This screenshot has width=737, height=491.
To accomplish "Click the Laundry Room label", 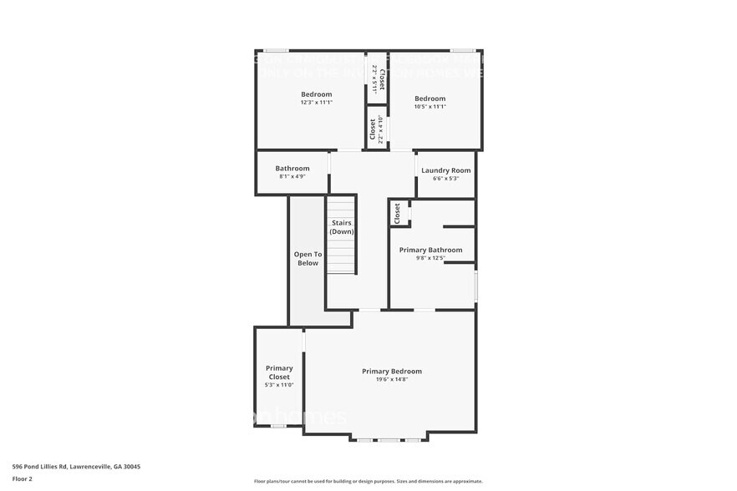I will tap(445, 170).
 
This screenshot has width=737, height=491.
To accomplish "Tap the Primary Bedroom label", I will tap(391, 371).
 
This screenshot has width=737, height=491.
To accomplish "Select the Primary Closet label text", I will tap(279, 372).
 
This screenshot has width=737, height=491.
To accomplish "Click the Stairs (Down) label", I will tap(341, 227).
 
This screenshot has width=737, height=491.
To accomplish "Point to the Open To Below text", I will tap(308, 259).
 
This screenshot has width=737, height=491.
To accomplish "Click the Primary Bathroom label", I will tap(430, 250).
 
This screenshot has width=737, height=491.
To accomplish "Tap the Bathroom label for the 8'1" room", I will tap(292, 169).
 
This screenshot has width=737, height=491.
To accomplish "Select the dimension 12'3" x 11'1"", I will tap(317, 103).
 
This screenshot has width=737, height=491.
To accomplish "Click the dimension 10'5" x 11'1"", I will tap(430, 106).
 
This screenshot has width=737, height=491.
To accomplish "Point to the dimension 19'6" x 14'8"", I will tap(391, 380).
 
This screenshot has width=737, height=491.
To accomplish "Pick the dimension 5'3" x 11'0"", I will tap(279, 385).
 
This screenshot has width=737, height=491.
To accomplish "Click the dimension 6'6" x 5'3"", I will tap(445, 178).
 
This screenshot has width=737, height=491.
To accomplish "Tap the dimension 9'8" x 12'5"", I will tap(430, 258).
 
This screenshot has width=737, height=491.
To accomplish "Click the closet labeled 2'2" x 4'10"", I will tap(376, 129).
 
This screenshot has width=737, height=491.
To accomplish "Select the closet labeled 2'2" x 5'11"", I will tap(377, 77).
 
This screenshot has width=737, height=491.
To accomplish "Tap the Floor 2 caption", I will tap(22, 478).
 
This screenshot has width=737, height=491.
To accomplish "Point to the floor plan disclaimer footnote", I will tap(368, 481).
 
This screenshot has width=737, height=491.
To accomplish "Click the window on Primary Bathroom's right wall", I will tap(475, 286).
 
